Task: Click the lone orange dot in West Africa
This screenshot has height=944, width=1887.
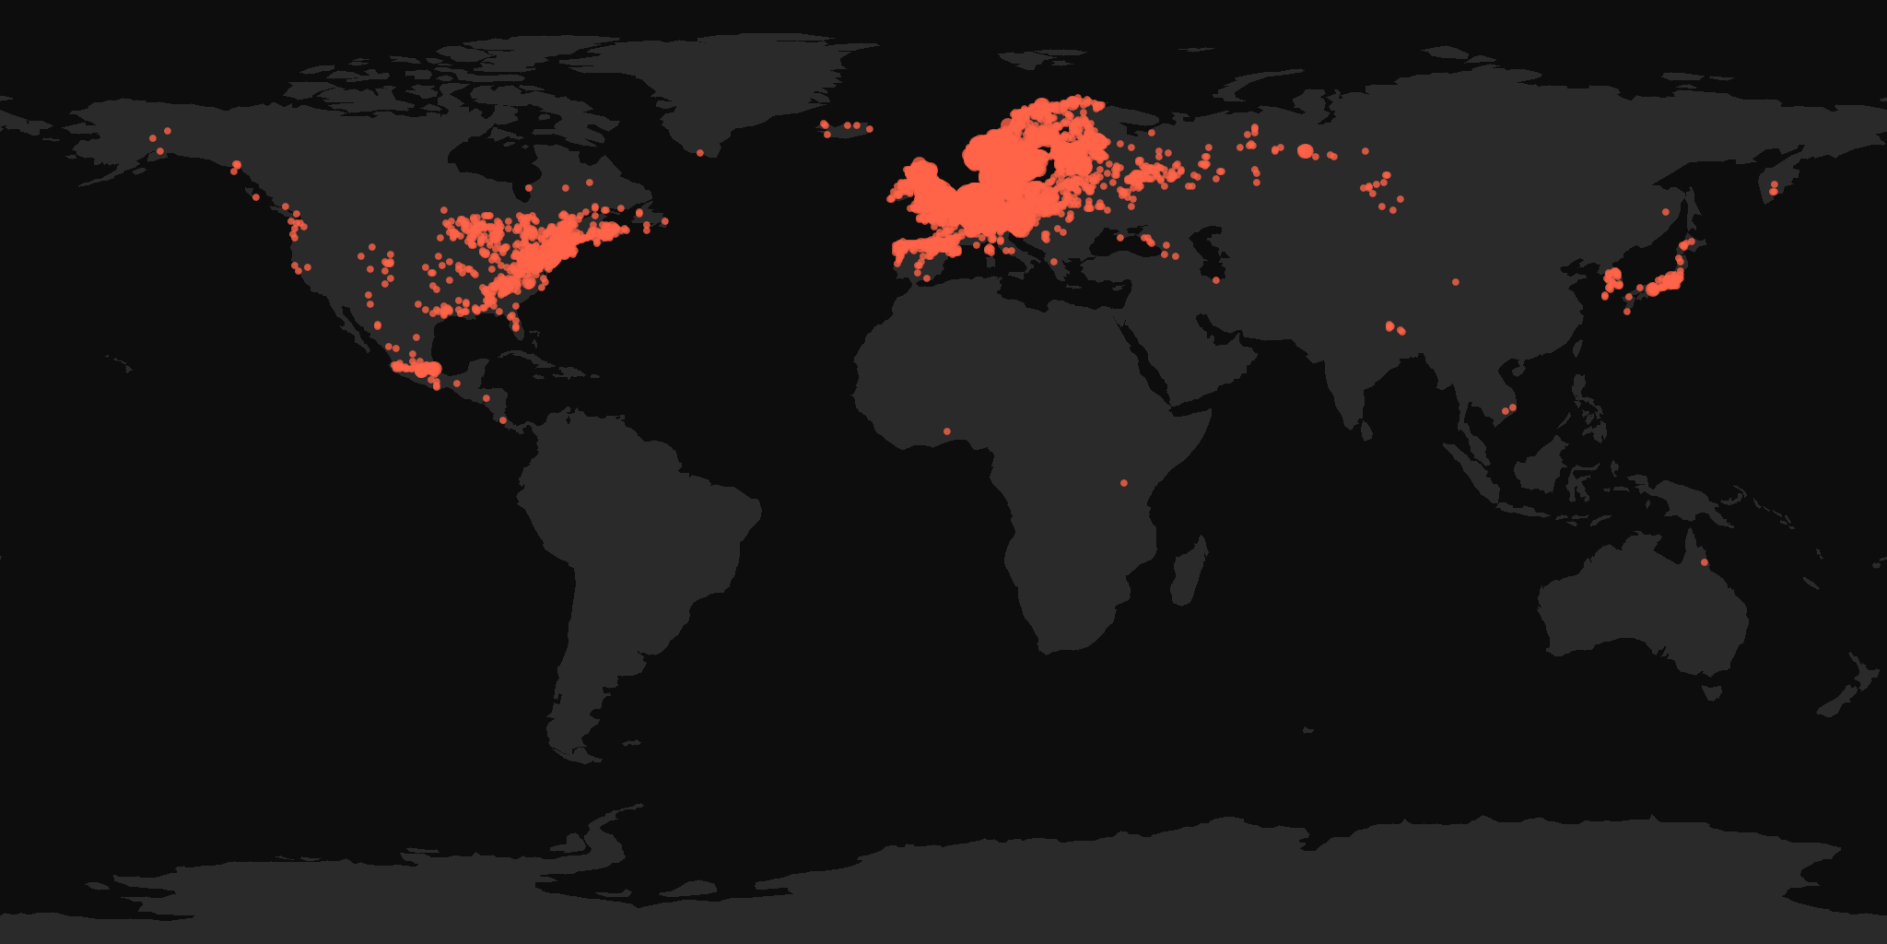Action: (x=947, y=431)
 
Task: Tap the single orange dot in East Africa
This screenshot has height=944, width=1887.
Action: (x=1124, y=483)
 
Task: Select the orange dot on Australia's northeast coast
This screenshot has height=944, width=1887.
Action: (x=1705, y=562)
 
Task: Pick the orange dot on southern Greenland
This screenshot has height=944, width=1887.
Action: (x=700, y=153)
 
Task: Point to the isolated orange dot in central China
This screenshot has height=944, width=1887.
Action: (x=1456, y=282)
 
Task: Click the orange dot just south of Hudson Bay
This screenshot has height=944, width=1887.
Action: (x=528, y=188)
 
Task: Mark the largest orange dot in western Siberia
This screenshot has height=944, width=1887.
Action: (x=1305, y=150)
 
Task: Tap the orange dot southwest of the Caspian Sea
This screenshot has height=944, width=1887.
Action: (x=1216, y=280)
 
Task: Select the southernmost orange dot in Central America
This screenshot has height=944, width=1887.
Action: (x=503, y=420)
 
